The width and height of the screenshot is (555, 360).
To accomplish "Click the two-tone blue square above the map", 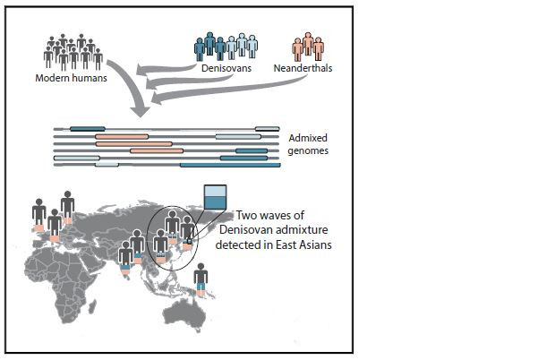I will [x=216, y=197].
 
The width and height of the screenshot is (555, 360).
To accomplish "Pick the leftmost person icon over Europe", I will [x=38, y=216].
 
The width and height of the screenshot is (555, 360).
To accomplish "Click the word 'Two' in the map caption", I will [x=246, y=216].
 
